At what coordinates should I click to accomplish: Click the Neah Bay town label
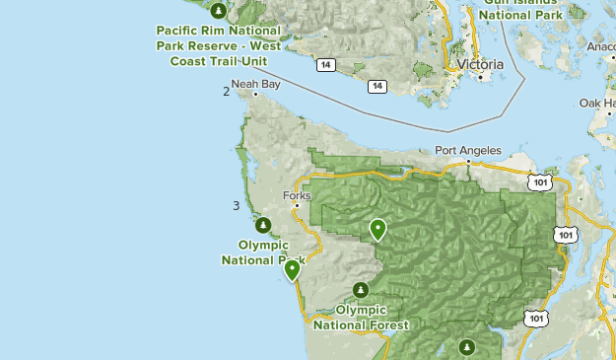click(256, 84)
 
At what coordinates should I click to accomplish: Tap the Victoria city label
click(480, 65)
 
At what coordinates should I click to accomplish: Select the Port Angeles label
click(468, 151)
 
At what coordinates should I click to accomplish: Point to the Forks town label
click(297, 194)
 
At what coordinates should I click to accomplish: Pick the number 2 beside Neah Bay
click(227, 92)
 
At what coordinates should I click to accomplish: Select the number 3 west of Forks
click(236, 205)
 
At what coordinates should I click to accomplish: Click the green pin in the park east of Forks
click(377, 230)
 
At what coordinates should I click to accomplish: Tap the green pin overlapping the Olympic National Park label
click(292, 270)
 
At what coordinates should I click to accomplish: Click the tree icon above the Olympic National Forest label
click(362, 290)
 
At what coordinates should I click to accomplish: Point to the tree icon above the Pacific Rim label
click(219, 12)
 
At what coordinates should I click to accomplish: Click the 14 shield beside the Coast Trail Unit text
click(324, 65)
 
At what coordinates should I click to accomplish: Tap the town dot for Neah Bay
click(255, 95)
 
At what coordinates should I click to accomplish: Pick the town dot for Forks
click(297, 205)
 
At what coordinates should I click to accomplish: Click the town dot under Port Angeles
click(468, 162)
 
